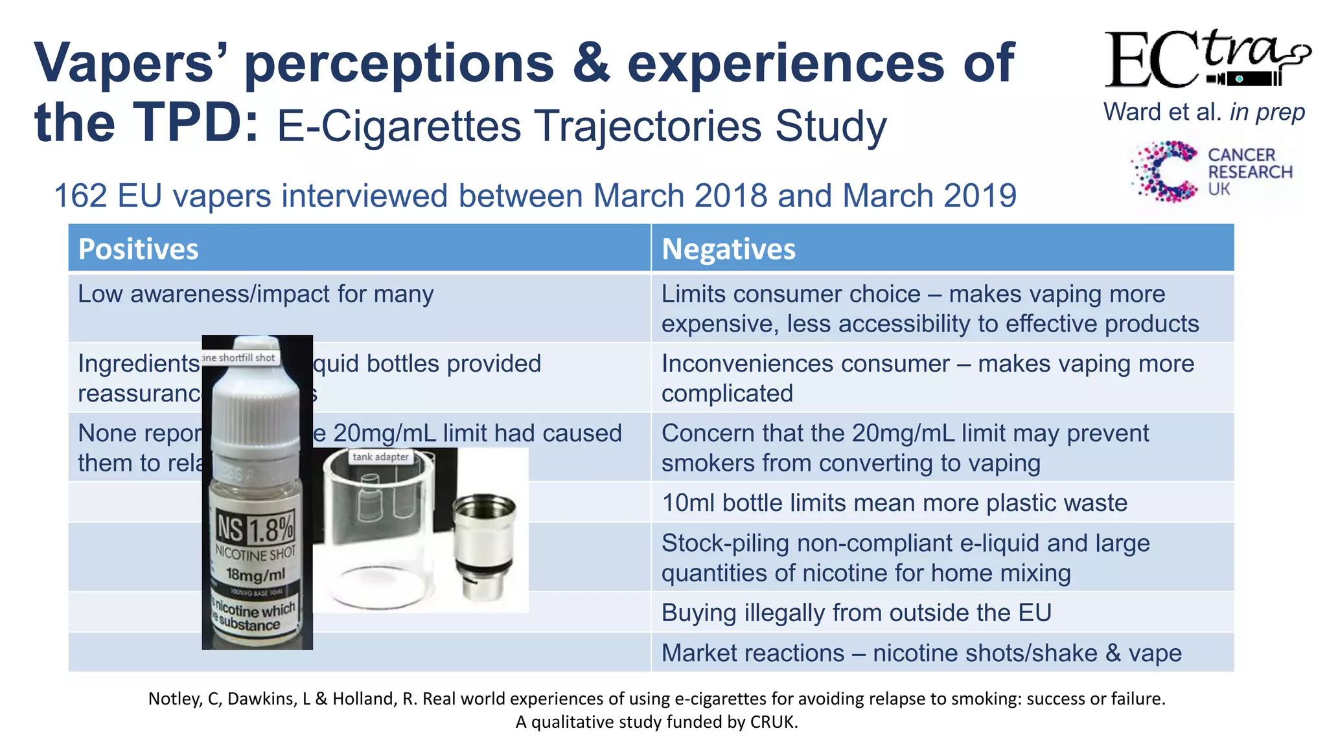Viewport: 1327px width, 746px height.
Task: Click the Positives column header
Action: [138, 249]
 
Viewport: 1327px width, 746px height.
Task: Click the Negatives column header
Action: [728, 249]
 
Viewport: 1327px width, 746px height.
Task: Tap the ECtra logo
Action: [1205, 60]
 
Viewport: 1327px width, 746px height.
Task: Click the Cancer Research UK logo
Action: [1212, 172]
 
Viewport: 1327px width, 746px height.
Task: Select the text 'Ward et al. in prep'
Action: [1204, 112]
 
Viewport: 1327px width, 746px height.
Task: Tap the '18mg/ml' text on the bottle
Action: [255, 574]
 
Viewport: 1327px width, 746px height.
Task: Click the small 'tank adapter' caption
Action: [380, 457]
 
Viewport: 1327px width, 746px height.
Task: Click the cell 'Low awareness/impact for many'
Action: [256, 295]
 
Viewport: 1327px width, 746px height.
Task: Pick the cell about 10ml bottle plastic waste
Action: [894, 503]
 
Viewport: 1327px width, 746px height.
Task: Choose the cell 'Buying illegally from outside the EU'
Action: [856, 613]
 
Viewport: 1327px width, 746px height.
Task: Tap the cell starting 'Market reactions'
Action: [921, 653]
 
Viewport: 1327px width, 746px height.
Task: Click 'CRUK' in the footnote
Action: [772, 722]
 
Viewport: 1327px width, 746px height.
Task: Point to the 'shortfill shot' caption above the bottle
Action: [240, 357]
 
